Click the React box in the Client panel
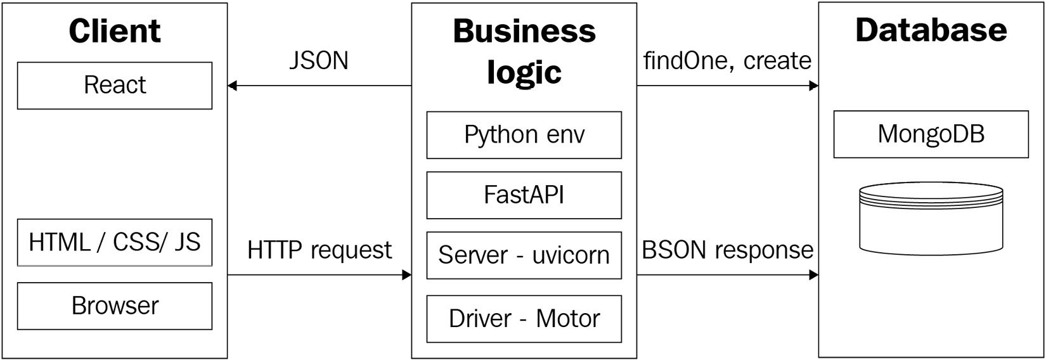(x=115, y=86)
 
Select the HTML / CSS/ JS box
(x=115, y=242)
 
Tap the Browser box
(x=115, y=305)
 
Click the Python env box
(x=524, y=135)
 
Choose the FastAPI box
(x=524, y=195)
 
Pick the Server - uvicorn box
(x=524, y=255)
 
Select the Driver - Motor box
(x=524, y=318)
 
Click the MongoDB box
(x=931, y=134)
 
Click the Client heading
(x=115, y=30)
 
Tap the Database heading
(x=931, y=30)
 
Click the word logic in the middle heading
(x=524, y=72)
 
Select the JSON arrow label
(x=319, y=61)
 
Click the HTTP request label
(x=320, y=250)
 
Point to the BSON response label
(x=727, y=250)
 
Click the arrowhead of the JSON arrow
(x=232, y=86)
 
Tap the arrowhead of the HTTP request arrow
(x=407, y=275)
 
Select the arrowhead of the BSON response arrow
(x=814, y=275)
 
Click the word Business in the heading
(x=524, y=31)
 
